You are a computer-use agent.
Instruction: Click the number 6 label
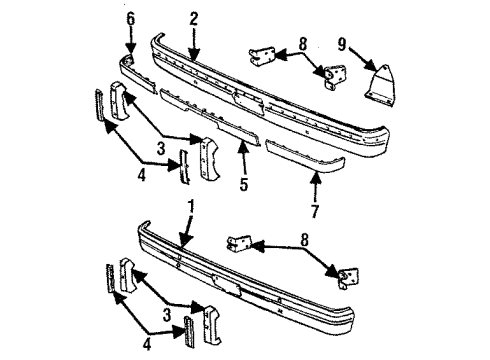click(130, 18)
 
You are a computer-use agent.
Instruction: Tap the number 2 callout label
click(193, 18)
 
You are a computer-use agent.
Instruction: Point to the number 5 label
click(244, 184)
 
